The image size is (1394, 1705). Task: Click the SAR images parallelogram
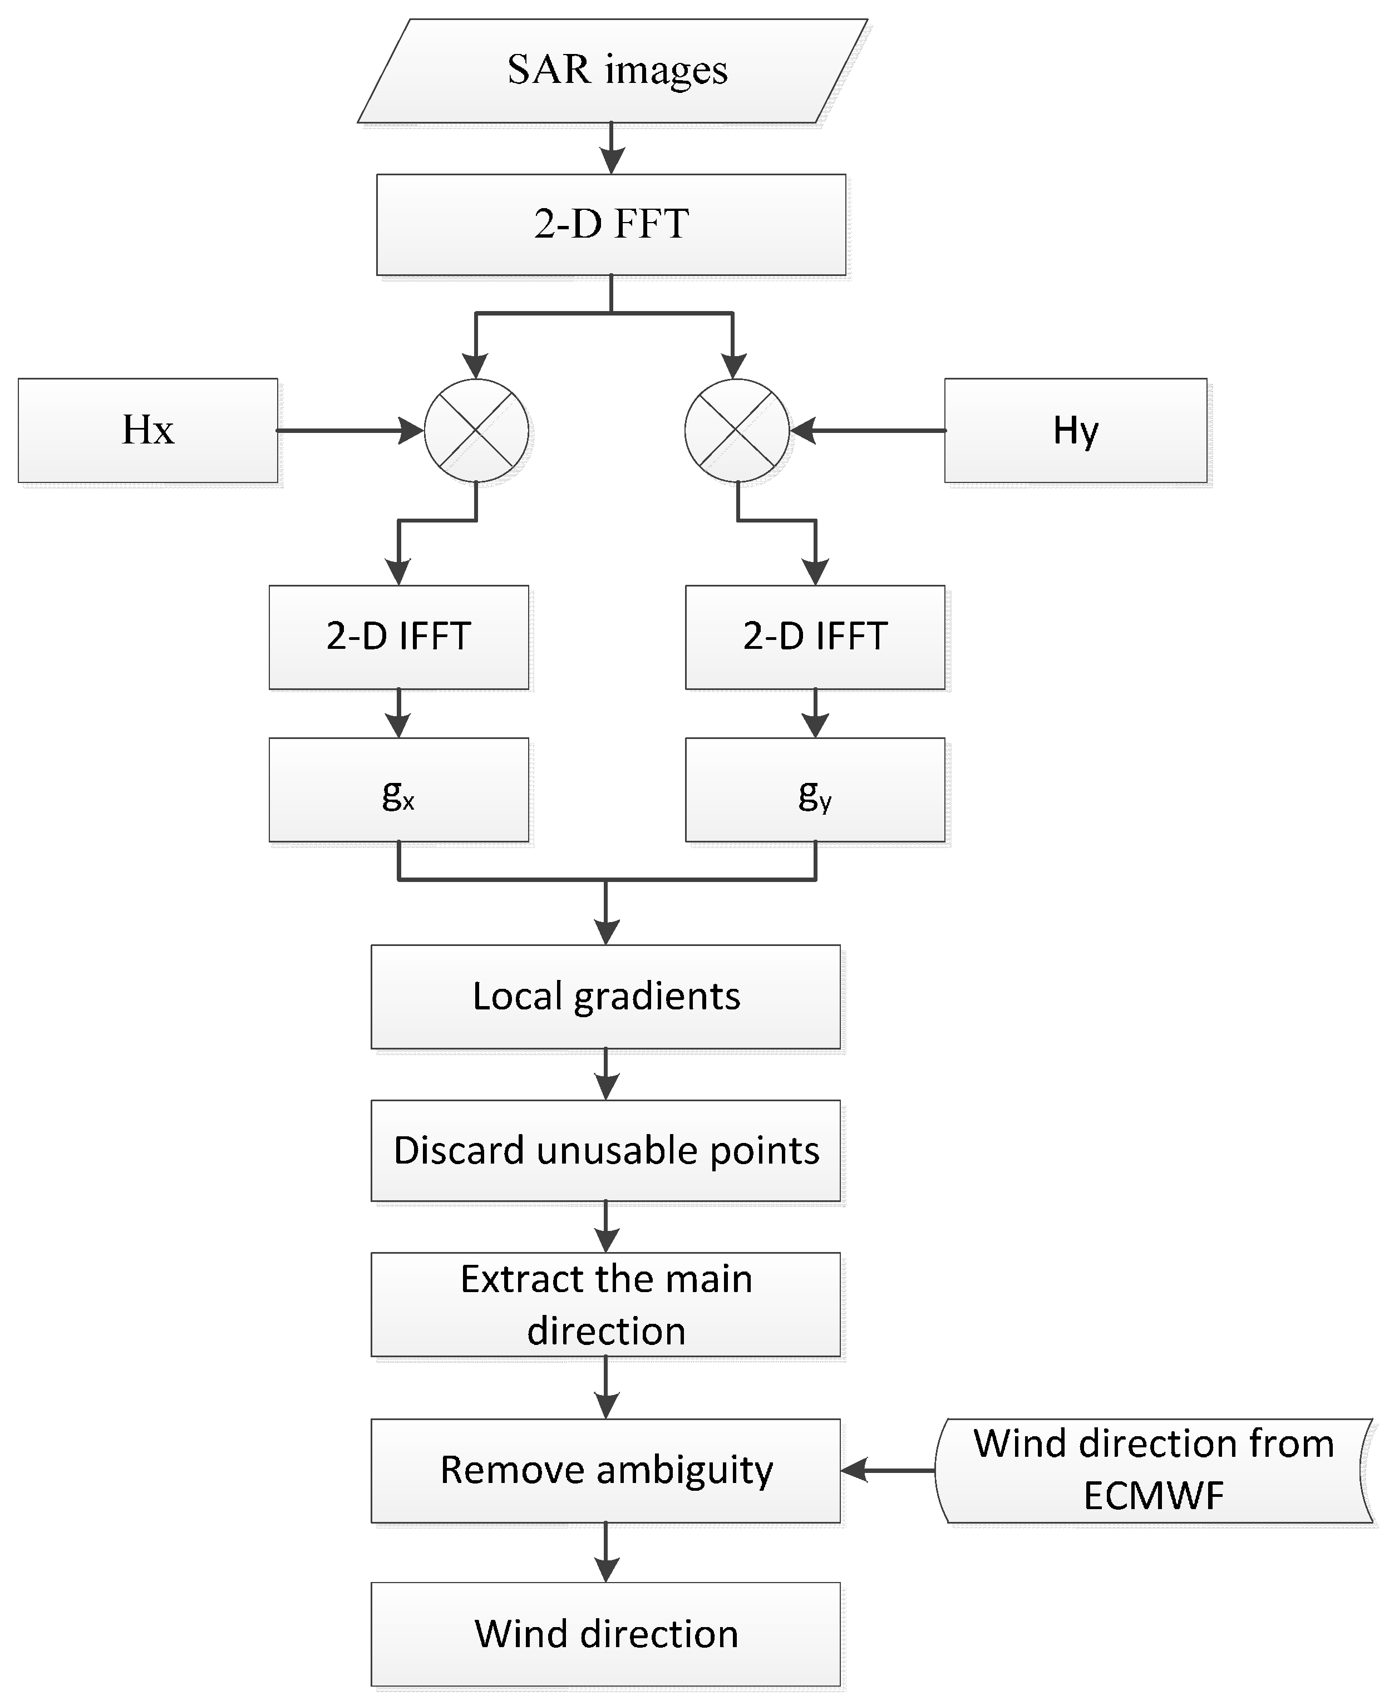[612, 71]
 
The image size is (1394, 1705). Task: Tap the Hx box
[148, 430]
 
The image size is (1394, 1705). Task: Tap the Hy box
[1075, 430]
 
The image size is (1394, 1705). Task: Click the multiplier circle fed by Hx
[476, 430]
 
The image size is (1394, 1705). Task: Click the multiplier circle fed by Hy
[736, 430]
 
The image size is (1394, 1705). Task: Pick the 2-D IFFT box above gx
[398, 637]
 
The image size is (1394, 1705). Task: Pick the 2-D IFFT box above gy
[815, 637]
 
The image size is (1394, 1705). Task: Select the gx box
[398, 790]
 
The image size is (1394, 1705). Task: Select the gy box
[815, 790]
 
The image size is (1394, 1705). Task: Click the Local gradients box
[605, 996]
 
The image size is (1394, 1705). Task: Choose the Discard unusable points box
[605, 1150]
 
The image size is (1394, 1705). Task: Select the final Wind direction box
[605, 1634]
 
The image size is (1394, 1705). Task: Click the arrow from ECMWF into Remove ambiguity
[887, 1471]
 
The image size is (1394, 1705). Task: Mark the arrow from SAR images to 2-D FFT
[612, 149]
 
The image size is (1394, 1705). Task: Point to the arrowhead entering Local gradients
[605, 933]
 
